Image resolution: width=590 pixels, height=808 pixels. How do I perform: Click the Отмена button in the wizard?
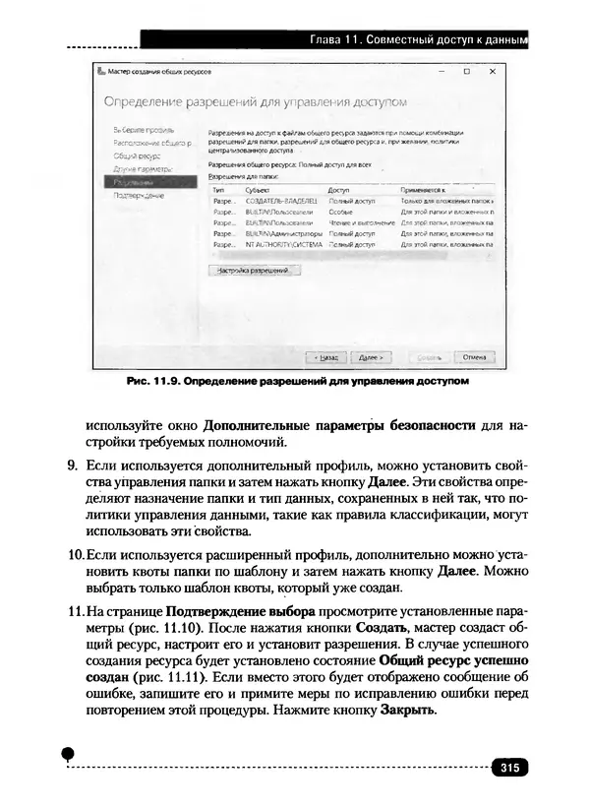coord(473,356)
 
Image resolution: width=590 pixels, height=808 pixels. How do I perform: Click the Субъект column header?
coord(256,189)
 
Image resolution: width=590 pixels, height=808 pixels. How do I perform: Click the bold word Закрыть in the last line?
coord(406,710)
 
